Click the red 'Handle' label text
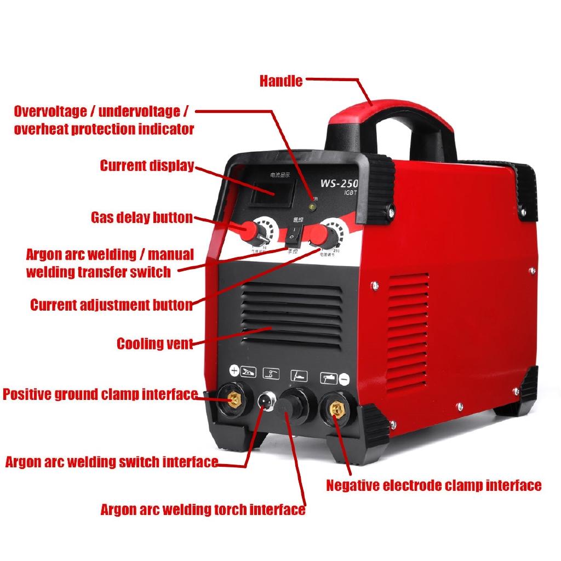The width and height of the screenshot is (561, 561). point(280,81)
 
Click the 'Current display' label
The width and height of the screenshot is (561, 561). point(147,165)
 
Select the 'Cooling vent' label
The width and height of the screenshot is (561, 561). point(154,344)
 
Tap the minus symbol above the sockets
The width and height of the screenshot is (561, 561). point(344,378)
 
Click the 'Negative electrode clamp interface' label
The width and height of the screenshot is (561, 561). point(434,485)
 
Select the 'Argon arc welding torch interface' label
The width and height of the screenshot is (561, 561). point(203,510)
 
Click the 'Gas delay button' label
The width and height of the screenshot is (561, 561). point(141,217)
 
